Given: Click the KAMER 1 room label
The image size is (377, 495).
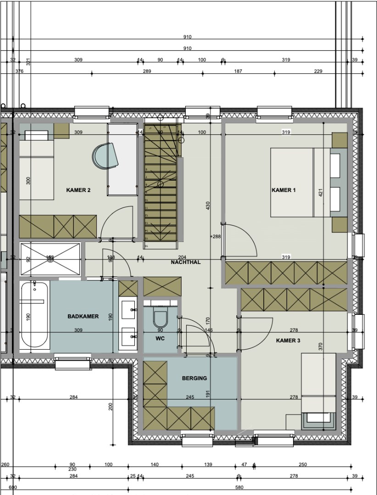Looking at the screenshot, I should coord(284,190).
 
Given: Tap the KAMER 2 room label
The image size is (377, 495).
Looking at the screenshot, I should coord(78,190).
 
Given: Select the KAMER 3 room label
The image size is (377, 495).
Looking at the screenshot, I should coord(288,341).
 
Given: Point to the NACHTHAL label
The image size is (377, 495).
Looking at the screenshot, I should coord(186,263).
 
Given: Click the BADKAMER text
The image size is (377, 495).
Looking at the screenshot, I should coord(83,316).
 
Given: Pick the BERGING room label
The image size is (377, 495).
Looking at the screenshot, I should coord(194,378).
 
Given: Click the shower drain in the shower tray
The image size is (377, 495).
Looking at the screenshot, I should coord(50,259).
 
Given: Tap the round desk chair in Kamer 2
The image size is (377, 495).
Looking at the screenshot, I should coord(105,156).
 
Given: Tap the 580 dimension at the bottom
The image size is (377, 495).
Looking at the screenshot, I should coord(239,488).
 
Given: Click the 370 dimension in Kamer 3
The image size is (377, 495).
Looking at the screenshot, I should coord(321,346).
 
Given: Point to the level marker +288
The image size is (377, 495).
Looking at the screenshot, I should coord(216,237).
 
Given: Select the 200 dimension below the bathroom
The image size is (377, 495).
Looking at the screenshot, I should coord(111,406).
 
